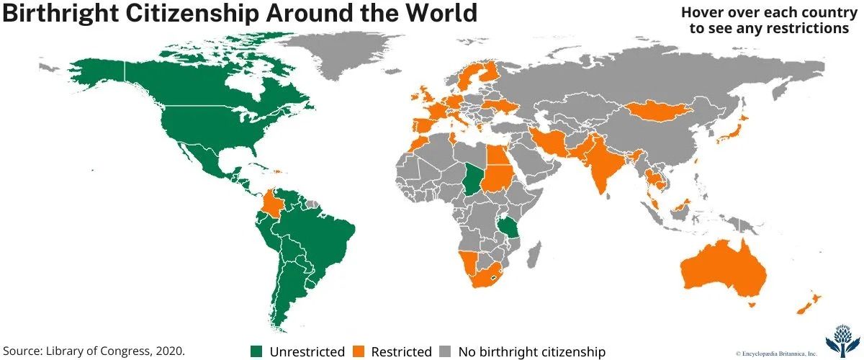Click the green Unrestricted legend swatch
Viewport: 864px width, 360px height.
coord(256,351)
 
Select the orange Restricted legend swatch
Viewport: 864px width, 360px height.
coord(358,351)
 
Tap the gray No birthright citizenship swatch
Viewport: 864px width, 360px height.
coord(445,351)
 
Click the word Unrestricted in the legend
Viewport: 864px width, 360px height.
coord(307,352)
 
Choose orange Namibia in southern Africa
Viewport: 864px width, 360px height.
coord(468,264)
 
